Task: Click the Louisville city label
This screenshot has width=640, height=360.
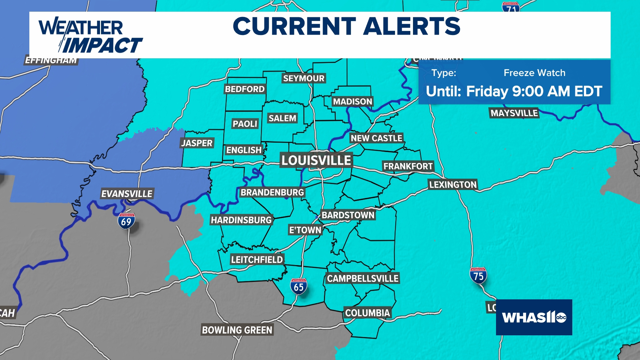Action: point(316,160)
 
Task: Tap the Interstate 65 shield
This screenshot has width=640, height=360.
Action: point(298,287)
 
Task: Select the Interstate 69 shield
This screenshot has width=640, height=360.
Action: point(126,221)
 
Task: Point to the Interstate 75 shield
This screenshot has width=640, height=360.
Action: point(478,276)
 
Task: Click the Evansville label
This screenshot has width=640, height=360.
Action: point(127,194)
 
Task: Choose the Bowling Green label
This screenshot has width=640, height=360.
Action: point(237,330)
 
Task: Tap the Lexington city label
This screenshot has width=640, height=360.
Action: point(453,185)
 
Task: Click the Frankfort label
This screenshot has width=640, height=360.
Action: point(408,166)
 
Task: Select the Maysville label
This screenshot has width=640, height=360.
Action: point(514,113)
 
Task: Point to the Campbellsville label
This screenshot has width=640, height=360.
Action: point(363,278)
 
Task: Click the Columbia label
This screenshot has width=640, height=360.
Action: point(367,313)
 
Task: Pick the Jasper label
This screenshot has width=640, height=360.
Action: point(197,143)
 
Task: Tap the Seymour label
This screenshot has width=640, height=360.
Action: point(303,78)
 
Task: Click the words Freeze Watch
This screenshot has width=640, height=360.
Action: point(534,73)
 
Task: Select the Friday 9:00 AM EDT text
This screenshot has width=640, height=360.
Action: point(534,91)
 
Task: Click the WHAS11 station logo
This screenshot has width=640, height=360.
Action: point(534,317)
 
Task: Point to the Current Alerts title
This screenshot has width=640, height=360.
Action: point(346,26)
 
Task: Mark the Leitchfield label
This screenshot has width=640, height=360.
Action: point(257,259)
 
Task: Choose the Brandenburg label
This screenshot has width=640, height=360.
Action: point(272,192)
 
